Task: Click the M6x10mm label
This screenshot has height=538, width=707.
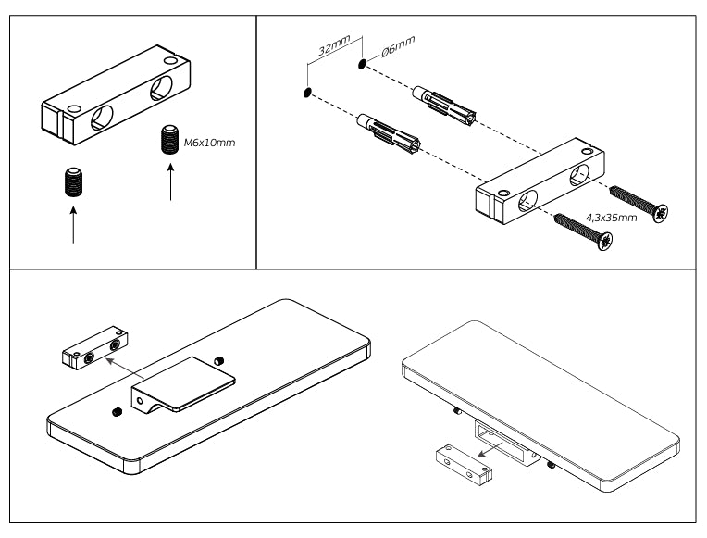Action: click(x=208, y=144)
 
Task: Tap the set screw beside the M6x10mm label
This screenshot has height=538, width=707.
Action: click(x=168, y=140)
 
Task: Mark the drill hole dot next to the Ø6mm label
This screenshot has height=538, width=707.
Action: click(x=360, y=65)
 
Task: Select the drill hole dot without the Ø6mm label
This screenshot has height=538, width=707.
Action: click(x=305, y=93)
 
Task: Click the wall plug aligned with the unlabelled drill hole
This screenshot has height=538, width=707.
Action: click(x=392, y=133)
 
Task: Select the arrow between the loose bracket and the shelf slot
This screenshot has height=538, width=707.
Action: click(x=492, y=448)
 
